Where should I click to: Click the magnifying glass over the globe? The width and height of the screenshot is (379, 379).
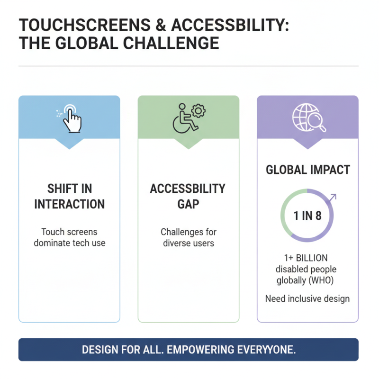(316, 122)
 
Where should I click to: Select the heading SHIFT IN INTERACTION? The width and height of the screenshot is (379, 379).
(69, 197)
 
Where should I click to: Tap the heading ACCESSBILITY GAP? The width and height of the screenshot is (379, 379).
(188, 197)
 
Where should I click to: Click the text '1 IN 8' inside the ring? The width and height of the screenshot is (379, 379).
(307, 216)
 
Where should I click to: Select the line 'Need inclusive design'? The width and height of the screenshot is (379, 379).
(307, 299)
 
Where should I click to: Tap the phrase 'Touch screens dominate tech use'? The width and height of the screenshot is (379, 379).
(69, 237)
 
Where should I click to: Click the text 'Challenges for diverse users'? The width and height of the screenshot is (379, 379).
(188, 237)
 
